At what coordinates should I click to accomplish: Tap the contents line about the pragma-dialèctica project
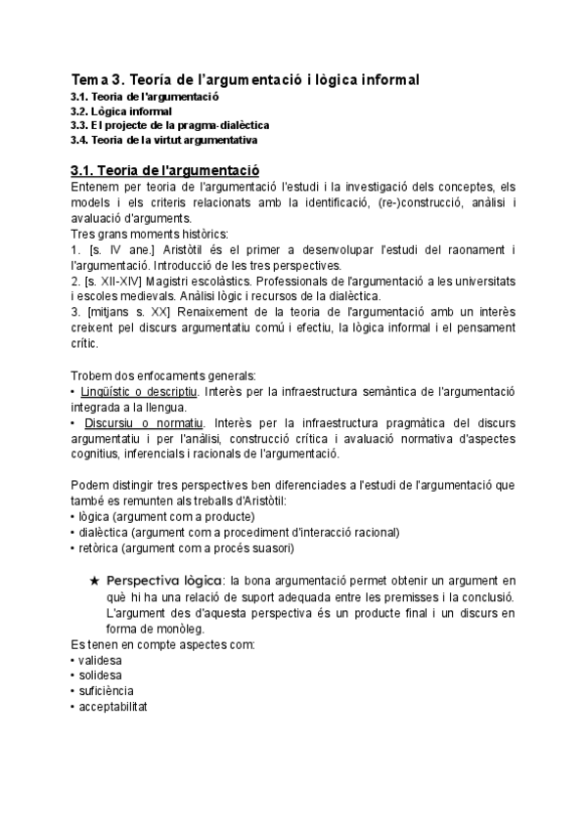pyautogui.click(x=169, y=125)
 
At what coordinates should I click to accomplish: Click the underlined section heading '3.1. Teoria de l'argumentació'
pyautogui.click(x=165, y=169)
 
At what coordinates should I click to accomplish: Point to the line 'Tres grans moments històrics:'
pyautogui.click(x=149, y=234)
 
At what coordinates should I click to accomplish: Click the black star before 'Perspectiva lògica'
pyautogui.click(x=94, y=581)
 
